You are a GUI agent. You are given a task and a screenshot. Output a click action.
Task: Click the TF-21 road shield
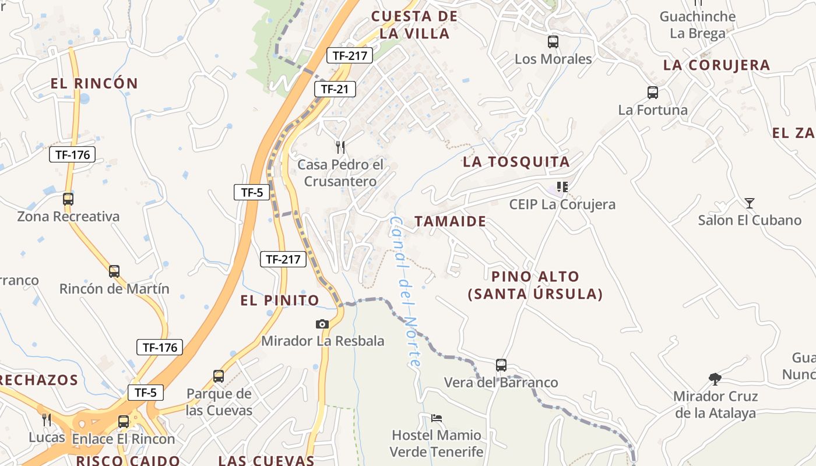point(335,89)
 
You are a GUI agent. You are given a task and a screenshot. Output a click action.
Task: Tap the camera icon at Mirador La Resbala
point(322,324)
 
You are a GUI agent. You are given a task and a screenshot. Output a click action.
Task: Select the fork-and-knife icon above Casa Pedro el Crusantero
point(340,147)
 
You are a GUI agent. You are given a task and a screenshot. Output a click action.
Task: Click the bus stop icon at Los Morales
point(553,42)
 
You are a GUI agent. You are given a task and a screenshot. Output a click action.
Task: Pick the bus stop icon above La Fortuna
point(653,92)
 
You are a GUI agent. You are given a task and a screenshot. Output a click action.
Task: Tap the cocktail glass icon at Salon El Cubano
point(750,203)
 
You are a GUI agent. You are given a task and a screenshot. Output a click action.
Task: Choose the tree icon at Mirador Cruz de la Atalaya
point(715,379)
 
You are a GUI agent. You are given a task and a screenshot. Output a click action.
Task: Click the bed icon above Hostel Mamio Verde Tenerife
point(436,418)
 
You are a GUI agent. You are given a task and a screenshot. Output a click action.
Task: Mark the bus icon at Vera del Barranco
point(501,365)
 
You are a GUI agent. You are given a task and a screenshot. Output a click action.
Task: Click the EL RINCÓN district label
point(94,83)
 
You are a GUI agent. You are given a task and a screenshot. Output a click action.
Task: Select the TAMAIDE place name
point(450,221)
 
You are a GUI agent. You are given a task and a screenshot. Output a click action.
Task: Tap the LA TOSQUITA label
point(516,162)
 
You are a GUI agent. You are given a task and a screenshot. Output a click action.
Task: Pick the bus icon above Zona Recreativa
point(68,199)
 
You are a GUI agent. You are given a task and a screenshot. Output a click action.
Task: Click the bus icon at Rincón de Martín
point(114,271)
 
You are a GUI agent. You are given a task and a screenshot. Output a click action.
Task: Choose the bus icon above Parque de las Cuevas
point(219,376)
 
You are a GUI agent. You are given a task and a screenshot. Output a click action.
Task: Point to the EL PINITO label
point(280,301)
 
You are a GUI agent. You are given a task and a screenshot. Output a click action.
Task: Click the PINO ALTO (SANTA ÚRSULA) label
point(535,285)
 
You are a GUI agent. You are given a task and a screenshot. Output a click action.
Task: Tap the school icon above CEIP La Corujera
point(562,187)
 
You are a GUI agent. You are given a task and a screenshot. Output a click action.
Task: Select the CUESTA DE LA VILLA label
point(414,25)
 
